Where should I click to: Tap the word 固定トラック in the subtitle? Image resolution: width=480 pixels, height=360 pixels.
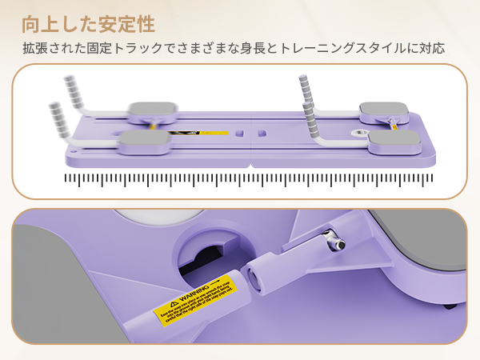point(139,48)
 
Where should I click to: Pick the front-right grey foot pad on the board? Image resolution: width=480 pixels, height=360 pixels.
point(394,142)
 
